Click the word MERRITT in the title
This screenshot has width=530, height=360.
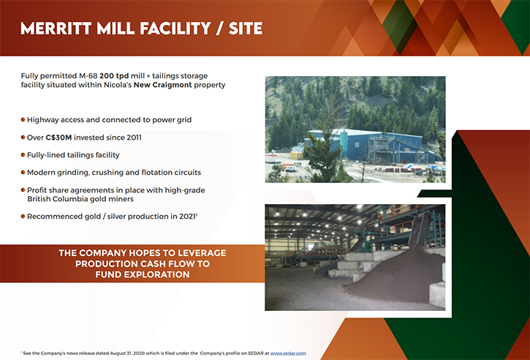click(x=56, y=29)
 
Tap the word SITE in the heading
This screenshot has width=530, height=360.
click(x=246, y=29)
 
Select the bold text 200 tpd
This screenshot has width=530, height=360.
click(x=114, y=76)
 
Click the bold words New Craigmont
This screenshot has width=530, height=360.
click(x=162, y=85)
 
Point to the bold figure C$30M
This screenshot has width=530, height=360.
click(x=58, y=138)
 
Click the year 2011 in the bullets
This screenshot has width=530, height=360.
click(x=135, y=138)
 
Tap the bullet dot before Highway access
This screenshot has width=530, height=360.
click(x=23, y=120)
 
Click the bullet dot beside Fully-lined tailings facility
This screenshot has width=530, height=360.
click(x=23, y=155)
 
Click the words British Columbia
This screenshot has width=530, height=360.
click(x=53, y=199)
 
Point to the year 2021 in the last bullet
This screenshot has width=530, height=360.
click(x=188, y=217)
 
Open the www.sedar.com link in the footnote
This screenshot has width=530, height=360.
click(x=288, y=353)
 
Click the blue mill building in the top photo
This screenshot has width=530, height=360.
click(x=365, y=146)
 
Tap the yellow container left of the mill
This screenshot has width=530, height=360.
click(x=297, y=155)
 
